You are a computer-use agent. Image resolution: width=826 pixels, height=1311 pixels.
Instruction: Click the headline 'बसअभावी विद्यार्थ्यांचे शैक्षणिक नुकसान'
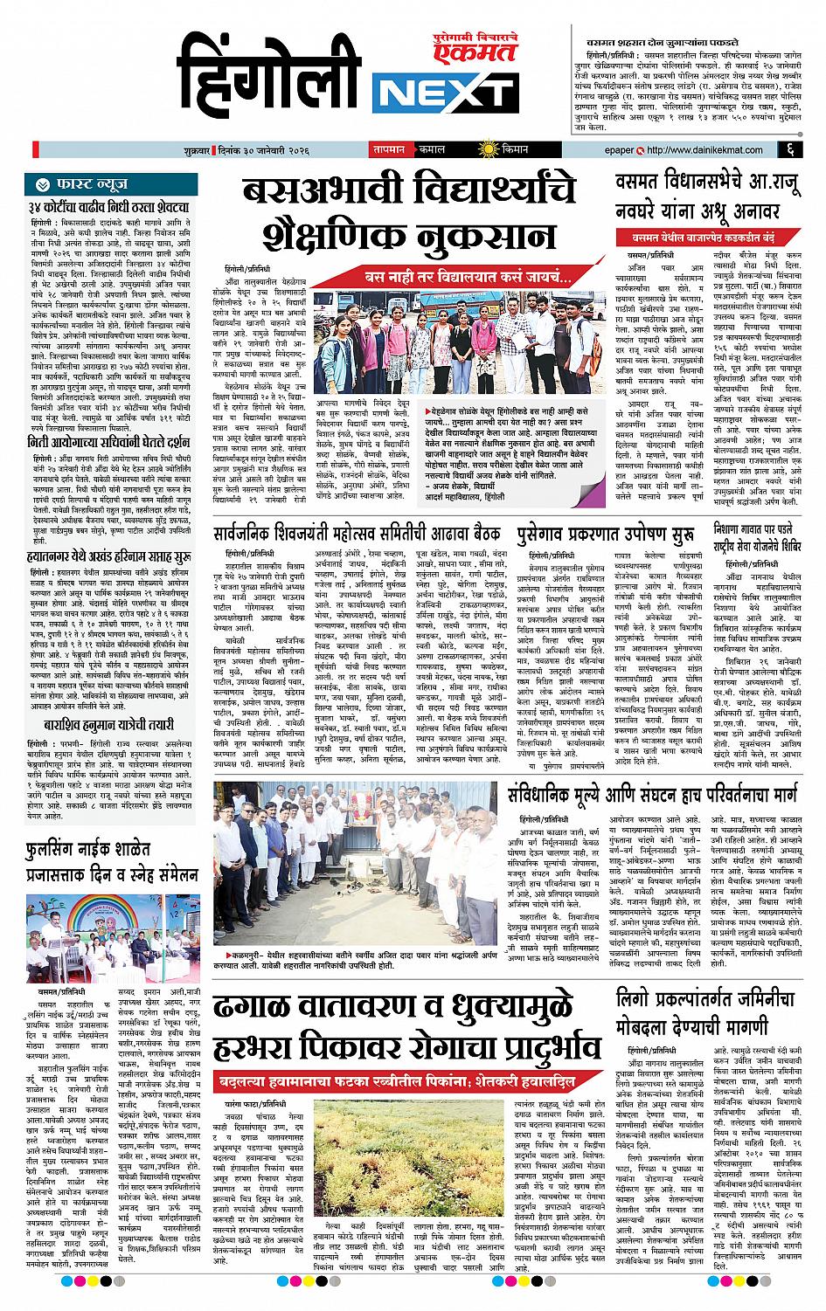(x=410, y=216)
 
